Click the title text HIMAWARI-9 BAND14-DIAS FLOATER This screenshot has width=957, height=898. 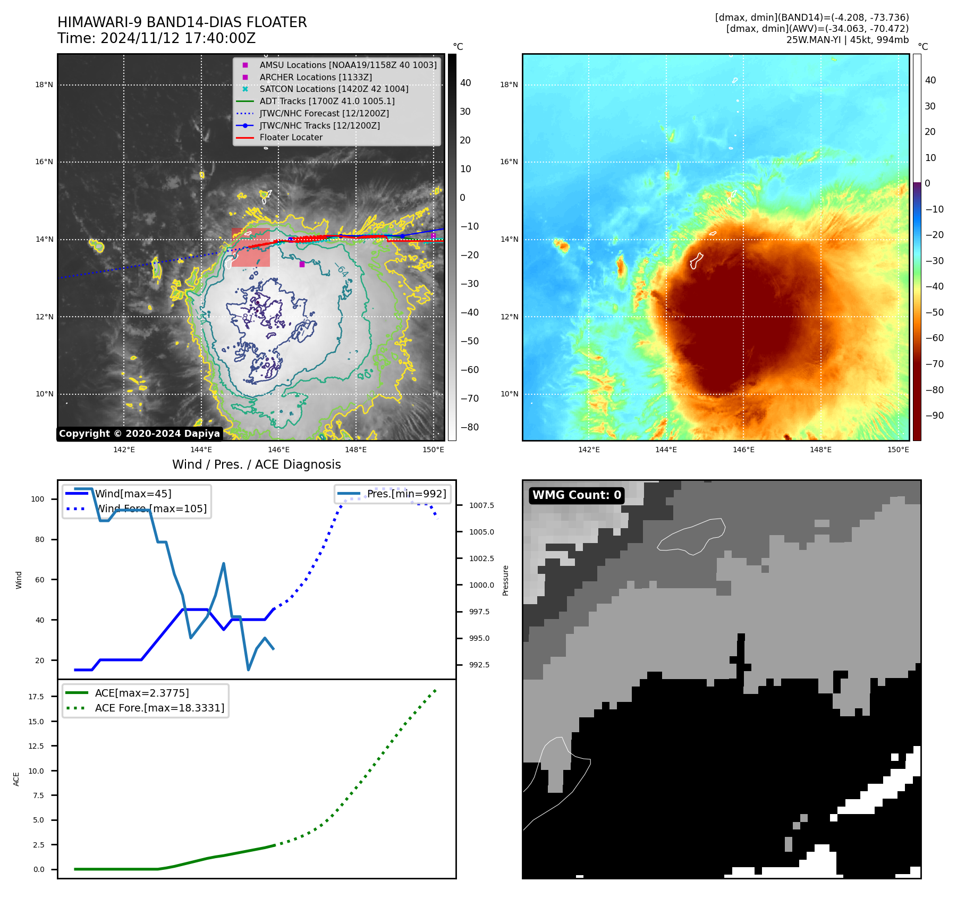tap(182, 22)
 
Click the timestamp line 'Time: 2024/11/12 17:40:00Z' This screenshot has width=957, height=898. tap(156, 38)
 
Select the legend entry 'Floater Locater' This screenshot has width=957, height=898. tap(291, 137)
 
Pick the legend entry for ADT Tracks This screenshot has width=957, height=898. tap(327, 101)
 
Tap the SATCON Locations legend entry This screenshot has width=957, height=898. tap(334, 89)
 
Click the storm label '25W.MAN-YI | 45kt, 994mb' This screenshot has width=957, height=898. tap(847, 40)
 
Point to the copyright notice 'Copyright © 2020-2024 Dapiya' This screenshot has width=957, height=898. tap(139, 434)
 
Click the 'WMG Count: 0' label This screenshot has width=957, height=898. tap(577, 495)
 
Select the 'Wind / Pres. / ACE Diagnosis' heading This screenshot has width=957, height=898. tap(256, 464)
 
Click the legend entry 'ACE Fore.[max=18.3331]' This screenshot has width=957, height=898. tap(159, 708)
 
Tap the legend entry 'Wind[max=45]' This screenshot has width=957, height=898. tap(133, 494)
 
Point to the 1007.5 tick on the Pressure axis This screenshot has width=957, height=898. tap(481, 505)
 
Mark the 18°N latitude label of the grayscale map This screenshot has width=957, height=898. tap(44, 84)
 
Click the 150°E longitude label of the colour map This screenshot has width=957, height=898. tap(898, 450)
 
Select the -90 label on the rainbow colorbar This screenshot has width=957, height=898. tap(934, 416)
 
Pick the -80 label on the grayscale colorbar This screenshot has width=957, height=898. tap(469, 427)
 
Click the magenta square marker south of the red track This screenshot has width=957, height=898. tap(302, 264)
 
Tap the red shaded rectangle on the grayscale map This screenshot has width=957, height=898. tap(251, 248)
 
